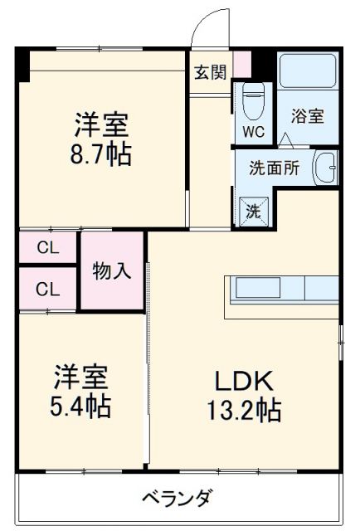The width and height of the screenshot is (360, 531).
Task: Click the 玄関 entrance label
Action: coord(210,72)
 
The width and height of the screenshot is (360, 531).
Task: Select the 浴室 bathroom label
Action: coord(307,117)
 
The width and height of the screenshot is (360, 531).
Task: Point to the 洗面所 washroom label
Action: coord(274,166)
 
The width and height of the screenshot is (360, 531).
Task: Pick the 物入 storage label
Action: coord(111,270)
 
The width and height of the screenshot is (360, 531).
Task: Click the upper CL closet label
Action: coord(47,247)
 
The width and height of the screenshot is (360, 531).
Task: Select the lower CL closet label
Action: coord(47,289)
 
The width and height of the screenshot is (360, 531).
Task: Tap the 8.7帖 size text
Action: coord(101,155)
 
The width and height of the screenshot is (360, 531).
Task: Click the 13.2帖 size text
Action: coord(244,409)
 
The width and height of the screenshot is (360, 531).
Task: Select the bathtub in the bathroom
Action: coord(306,72)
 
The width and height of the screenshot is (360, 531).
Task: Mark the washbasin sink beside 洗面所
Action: coord(324,168)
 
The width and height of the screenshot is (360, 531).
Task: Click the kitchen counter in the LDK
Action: coord(282,289)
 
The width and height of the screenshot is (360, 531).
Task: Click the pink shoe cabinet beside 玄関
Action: coord(241,64)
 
